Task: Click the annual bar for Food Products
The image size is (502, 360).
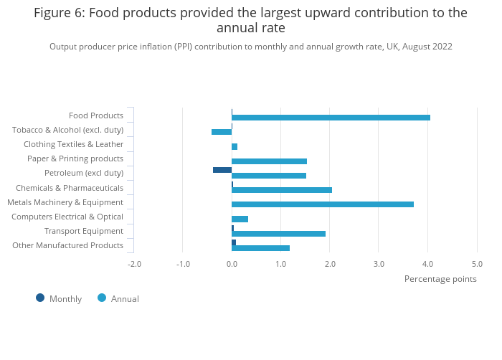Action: pos(331,118)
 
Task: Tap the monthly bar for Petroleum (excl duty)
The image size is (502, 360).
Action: pos(222,170)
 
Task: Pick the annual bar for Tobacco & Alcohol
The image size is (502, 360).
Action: pos(222,132)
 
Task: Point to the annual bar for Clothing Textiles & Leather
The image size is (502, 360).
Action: pos(235,146)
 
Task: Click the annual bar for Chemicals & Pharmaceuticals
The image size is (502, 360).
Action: pos(282,190)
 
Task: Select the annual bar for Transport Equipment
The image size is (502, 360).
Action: pos(278,234)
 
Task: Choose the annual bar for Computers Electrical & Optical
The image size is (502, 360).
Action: pos(240,219)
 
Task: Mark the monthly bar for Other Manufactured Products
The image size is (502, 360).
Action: pos(234,242)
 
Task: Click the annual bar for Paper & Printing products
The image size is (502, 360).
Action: pos(269,161)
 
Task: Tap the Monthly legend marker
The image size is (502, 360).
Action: pos(40,298)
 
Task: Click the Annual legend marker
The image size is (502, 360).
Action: pos(101,298)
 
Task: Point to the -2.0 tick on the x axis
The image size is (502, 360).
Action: pos(134,264)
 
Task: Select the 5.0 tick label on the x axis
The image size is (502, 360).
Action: pos(477,264)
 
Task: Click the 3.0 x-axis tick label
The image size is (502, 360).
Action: pos(379,264)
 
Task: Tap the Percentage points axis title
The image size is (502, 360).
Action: pos(440,279)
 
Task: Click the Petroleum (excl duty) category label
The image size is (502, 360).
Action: pos(84,174)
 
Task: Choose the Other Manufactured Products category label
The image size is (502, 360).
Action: pos(68,245)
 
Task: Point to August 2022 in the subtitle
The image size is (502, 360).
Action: pos(427,47)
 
